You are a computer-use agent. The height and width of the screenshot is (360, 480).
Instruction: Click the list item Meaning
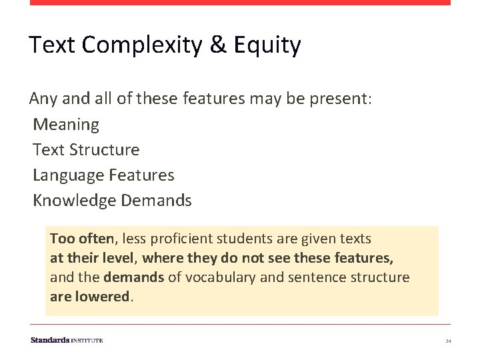(x=66, y=125)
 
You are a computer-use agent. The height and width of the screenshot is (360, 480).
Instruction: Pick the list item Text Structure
(x=86, y=150)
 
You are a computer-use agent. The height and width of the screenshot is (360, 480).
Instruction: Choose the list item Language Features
(x=103, y=175)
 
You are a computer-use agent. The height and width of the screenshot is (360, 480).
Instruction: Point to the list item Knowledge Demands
(x=112, y=201)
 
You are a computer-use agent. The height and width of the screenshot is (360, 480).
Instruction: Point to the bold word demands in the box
(x=133, y=277)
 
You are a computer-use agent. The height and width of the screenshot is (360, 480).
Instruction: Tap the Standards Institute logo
(x=67, y=340)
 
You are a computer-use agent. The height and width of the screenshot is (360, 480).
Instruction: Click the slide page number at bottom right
(x=449, y=341)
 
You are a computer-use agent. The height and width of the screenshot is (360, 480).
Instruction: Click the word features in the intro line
(x=213, y=99)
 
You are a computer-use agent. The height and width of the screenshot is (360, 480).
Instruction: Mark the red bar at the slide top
(x=240, y=3)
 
